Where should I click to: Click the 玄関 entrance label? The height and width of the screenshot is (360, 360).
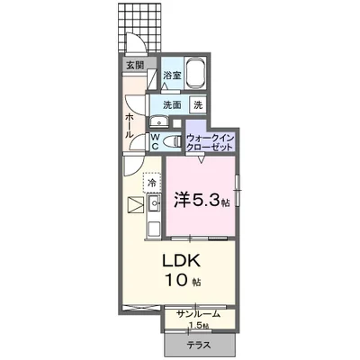point(135,66)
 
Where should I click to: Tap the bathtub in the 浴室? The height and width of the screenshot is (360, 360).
point(194,73)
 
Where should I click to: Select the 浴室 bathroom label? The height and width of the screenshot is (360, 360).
point(172,75)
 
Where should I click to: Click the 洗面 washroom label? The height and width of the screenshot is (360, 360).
point(172,105)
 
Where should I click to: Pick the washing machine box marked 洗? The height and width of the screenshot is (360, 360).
point(198,104)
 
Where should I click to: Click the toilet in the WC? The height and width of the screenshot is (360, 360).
point(174,141)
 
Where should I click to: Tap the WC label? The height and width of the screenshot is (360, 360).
point(155,141)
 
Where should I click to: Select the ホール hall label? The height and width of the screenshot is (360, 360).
point(130,125)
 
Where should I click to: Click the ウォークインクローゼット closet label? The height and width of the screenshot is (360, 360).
point(210,142)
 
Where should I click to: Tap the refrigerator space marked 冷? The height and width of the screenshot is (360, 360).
point(152,183)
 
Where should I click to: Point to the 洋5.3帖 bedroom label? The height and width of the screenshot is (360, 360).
point(202,200)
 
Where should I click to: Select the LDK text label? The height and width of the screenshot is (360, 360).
point(181,261)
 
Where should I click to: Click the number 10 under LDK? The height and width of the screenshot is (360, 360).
point(175,281)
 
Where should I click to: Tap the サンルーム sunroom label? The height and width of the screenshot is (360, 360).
point(198,314)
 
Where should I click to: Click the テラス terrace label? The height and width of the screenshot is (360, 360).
point(198,346)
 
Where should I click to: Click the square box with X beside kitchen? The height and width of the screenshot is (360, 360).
point(136,205)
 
